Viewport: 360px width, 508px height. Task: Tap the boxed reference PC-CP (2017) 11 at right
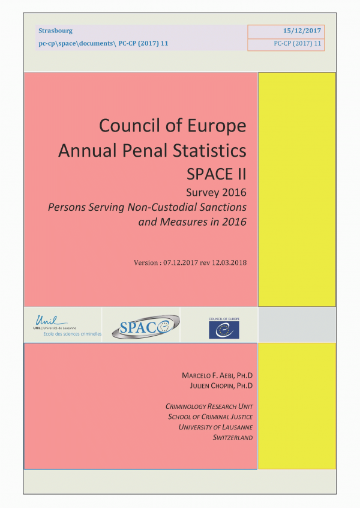[x=298, y=44]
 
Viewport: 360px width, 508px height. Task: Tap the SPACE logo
[x=140, y=325]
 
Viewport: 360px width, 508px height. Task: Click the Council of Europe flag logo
[x=223, y=328]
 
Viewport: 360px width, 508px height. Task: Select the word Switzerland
[x=233, y=437]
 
